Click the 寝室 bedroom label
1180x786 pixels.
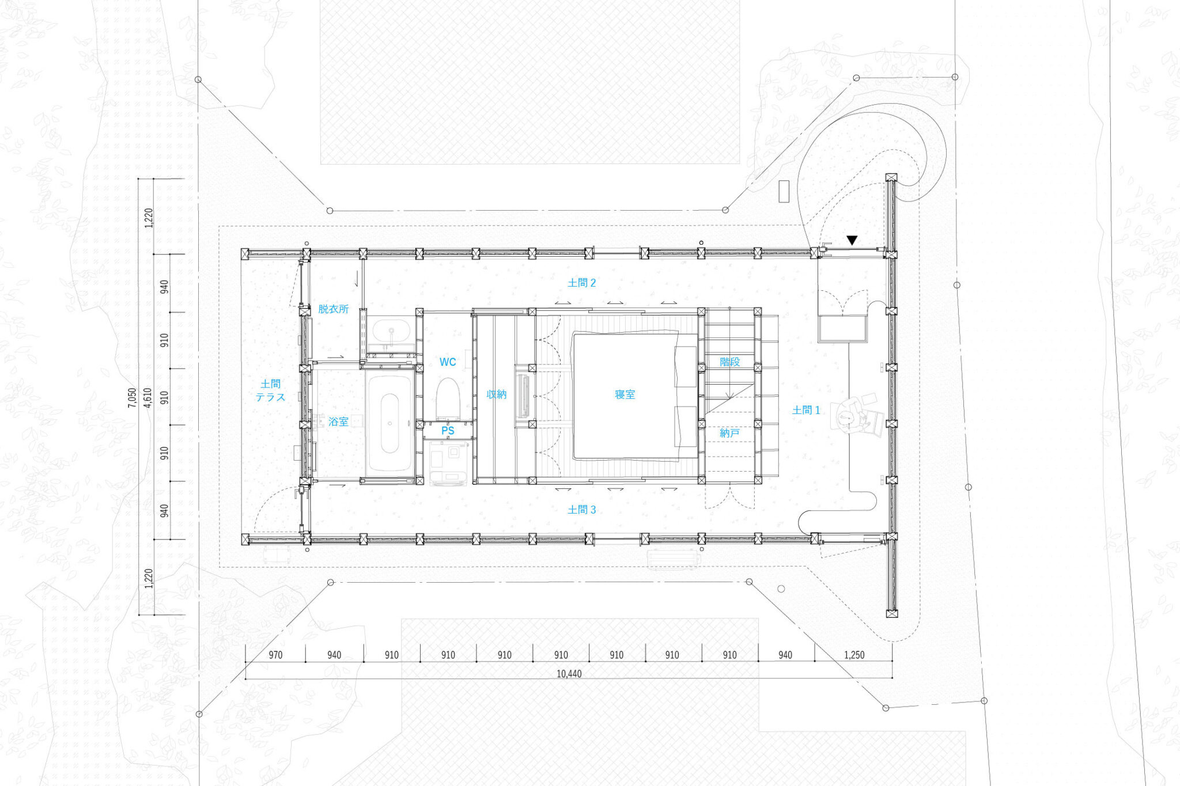tap(625, 394)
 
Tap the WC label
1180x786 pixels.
tap(448, 362)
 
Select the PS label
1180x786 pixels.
tap(448, 431)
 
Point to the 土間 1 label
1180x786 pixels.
tap(805, 410)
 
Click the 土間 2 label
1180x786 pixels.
tap(581, 283)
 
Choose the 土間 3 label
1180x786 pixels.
tap(581, 510)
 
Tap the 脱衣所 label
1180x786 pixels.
tap(334, 309)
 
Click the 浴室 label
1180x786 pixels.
tap(338, 422)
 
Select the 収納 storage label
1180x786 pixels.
tap(496, 394)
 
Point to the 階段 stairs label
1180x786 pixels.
tap(729, 362)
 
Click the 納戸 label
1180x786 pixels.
tap(729, 432)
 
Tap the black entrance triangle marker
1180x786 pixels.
tap(852, 240)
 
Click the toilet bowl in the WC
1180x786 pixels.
tap(447, 397)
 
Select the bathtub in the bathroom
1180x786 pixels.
tap(390, 423)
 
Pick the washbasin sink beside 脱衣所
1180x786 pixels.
tap(391, 332)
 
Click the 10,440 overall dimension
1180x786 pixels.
tap(569, 674)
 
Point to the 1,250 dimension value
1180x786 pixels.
tap(854, 655)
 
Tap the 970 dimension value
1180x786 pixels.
tap(275, 655)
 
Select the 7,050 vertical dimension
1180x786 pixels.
tap(132, 397)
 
